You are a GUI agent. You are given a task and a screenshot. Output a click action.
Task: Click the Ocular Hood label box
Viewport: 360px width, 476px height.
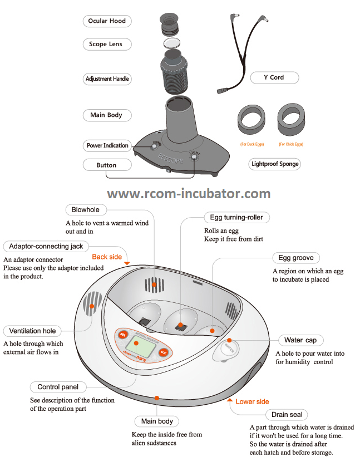click(107, 21)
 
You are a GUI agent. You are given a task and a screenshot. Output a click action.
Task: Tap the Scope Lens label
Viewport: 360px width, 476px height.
click(106, 44)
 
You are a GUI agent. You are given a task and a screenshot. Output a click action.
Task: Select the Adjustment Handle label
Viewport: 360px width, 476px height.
click(107, 79)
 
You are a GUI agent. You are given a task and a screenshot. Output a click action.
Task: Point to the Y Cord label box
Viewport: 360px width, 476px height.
click(274, 77)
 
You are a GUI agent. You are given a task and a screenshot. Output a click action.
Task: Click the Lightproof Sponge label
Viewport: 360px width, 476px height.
click(275, 164)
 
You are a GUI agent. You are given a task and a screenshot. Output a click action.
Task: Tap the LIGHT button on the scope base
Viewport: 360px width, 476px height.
click(194, 158)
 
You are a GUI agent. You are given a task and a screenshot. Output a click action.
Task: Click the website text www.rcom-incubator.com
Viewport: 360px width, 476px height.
click(189, 194)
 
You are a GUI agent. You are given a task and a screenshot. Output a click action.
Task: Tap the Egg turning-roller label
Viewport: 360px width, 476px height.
click(236, 217)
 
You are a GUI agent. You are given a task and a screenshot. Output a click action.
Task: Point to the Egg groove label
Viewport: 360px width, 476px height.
click(296, 258)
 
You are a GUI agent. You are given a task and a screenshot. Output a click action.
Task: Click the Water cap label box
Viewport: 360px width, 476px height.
click(300, 340)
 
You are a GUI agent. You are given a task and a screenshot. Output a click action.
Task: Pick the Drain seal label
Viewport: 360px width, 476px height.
click(287, 415)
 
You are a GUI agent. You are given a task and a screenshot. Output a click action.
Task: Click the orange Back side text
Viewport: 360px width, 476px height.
click(107, 257)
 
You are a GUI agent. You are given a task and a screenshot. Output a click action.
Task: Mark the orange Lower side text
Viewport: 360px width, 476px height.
click(252, 401)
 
